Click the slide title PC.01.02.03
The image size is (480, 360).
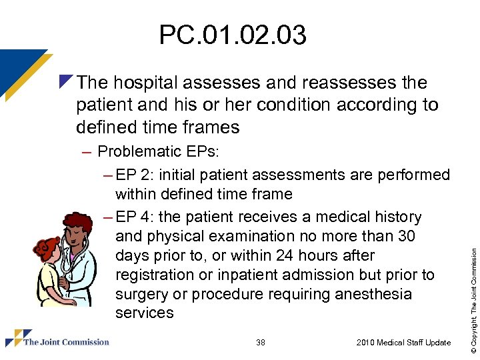233,35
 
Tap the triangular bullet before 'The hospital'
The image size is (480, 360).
65,81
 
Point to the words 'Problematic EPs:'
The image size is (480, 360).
158,151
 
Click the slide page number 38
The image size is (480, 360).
261,343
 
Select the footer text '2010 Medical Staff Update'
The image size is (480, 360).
403,343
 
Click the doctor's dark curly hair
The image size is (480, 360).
81,223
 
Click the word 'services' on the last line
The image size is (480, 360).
144,313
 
